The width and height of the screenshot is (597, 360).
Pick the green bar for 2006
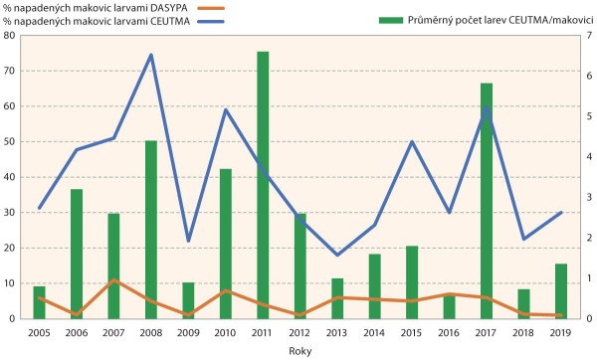[77, 254]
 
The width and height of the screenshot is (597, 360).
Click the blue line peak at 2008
[151, 55]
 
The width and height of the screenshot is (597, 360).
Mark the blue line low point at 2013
[337, 255]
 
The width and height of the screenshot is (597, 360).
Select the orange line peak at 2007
[114, 280]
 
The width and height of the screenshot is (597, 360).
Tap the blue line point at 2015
[412, 141]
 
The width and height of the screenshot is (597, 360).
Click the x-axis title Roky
[299, 351]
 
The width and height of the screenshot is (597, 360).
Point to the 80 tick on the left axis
[11, 36]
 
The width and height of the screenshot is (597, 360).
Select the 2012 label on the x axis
[300, 331]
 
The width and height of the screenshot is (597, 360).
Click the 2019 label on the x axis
[561, 331]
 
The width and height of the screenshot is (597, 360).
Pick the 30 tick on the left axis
[11, 213]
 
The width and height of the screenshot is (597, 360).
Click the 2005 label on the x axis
[40, 331]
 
